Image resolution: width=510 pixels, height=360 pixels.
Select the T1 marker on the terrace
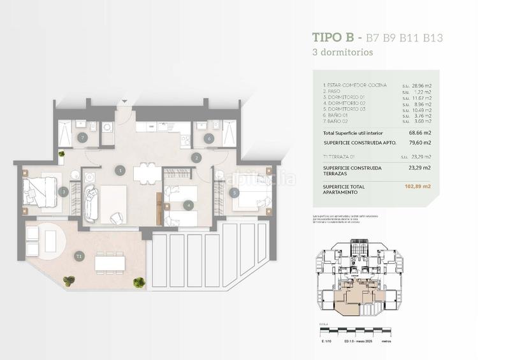pyautogui.click(x=78, y=256)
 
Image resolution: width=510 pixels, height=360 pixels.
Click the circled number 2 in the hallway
pyautogui.click(x=196, y=157)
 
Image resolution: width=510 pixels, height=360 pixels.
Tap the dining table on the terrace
pyautogui.click(x=109, y=261)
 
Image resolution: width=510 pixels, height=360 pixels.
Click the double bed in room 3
pyautogui.click(x=40, y=191)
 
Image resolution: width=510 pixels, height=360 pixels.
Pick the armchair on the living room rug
pyautogui.click(x=117, y=217)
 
